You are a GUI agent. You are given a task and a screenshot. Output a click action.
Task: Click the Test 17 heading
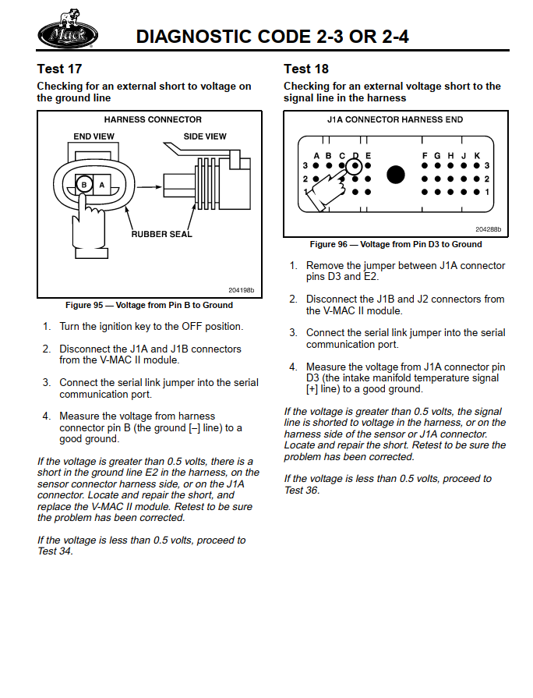point(59,69)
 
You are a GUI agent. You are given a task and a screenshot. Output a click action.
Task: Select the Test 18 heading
point(306,69)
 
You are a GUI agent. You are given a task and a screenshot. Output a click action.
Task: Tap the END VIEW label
point(94,136)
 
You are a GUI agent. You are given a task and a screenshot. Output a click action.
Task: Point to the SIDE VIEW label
point(205,136)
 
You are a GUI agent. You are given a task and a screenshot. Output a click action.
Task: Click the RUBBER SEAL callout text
point(161,234)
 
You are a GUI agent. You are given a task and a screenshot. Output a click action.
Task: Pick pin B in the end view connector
point(83,185)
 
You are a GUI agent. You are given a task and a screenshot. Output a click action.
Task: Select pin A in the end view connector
point(102,185)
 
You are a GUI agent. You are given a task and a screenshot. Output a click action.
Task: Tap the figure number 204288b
point(488,229)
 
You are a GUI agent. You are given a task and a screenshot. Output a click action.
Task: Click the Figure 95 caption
point(149,305)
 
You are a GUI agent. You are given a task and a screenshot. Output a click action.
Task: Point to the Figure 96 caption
point(396,244)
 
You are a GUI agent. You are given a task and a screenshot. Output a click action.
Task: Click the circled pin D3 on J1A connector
point(355,165)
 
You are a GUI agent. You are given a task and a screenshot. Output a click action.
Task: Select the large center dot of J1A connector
point(396,175)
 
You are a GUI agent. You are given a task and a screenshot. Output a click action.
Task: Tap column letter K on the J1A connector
point(477,155)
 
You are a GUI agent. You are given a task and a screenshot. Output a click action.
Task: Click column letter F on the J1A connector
point(425,155)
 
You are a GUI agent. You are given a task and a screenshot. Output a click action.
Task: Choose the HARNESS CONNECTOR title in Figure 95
point(153,120)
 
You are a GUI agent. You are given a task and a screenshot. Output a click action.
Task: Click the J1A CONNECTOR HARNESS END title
point(395,120)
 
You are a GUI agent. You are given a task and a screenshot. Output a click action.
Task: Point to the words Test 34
point(55,551)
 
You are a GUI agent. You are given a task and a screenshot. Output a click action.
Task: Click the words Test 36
point(302,490)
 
